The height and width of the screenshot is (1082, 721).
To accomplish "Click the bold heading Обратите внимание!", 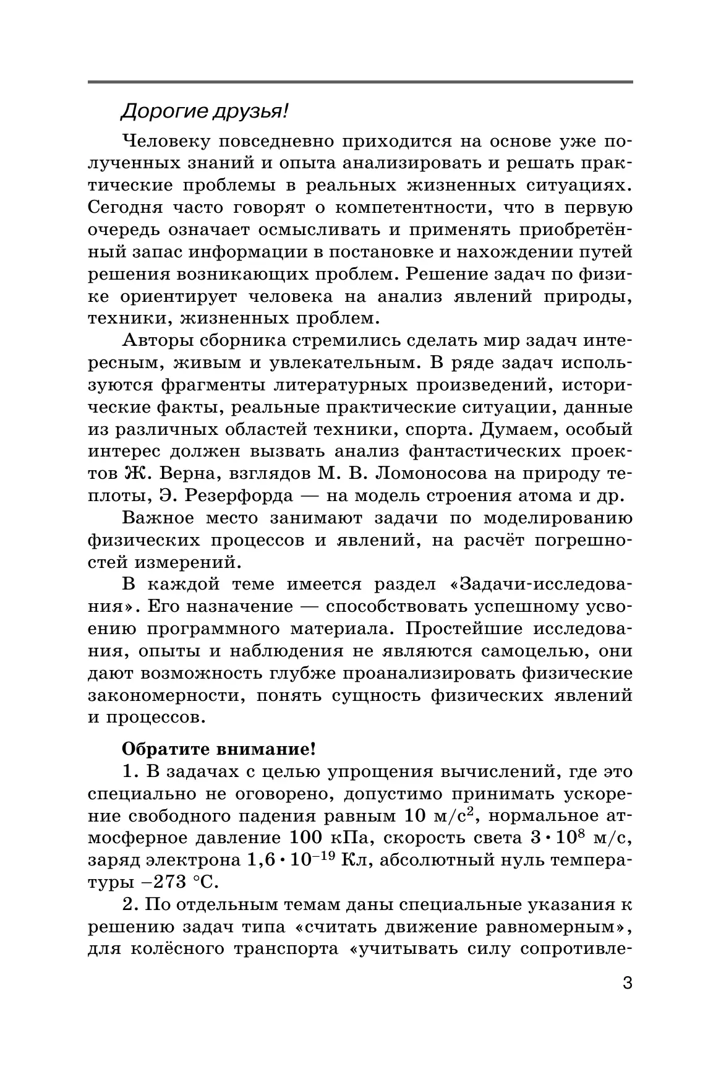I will [x=219, y=749].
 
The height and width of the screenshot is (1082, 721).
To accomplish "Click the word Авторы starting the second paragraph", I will [x=157, y=341].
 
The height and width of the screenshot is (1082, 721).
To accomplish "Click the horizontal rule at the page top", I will [x=360, y=82].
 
